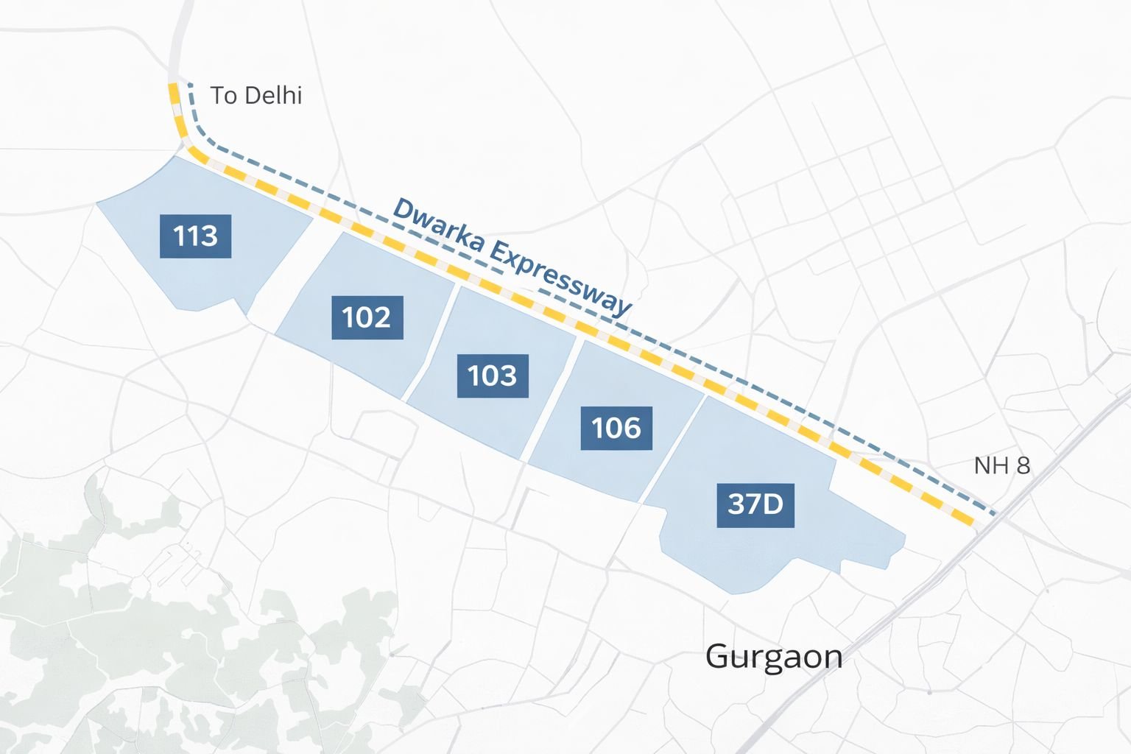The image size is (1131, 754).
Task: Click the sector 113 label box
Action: [x=195, y=236]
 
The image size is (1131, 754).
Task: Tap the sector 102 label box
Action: [x=367, y=317]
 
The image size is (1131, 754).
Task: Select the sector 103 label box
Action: [x=493, y=376]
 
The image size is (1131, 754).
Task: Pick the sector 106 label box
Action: [x=616, y=428]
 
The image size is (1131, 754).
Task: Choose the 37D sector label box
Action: [x=755, y=504]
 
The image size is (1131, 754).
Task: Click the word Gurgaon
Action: [x=774, y=656]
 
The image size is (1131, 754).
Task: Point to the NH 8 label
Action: [x=1001, y=465]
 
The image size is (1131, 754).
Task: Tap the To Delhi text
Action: [x=256, y=96]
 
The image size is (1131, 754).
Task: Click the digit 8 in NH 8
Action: [x=1023, y=465]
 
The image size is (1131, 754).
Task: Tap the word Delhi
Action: [x=273, y=96]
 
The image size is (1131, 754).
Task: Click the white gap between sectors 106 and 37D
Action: [x=674, y=450]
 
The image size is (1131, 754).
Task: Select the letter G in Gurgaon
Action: [x=718, y=656]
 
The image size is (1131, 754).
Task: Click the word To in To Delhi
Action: [x=223, y=96]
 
